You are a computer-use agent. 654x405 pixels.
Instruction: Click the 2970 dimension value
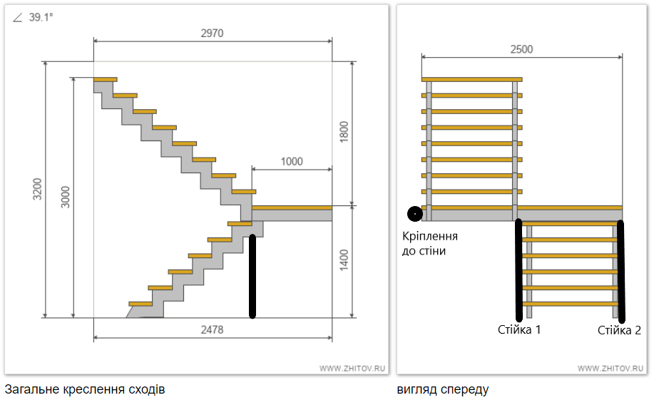[213, 33]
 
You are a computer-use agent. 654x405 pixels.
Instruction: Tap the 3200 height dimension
[38, 190]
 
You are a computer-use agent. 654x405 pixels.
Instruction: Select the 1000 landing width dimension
[291, 161]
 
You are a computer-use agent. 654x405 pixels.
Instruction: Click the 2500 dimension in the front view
[521, 49]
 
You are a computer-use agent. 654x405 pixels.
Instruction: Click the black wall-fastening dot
[414, 212]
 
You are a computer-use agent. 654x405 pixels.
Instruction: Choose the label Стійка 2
[618, 330]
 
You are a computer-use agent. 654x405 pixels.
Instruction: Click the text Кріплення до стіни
[430, 243]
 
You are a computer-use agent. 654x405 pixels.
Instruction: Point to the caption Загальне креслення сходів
[85, 390]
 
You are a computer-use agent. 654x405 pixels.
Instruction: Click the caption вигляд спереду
[443, 390]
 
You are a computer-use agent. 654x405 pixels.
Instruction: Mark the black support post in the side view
[252, 275]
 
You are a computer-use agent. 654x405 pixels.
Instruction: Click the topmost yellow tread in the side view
[105, 78]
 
